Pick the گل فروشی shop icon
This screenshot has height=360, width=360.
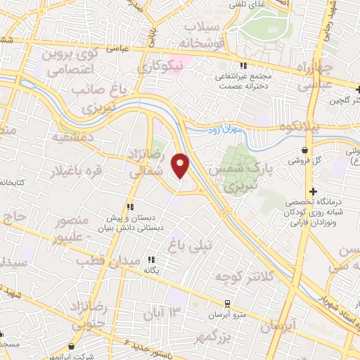point(304,150)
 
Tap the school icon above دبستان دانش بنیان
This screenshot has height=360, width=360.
point(129,207)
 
